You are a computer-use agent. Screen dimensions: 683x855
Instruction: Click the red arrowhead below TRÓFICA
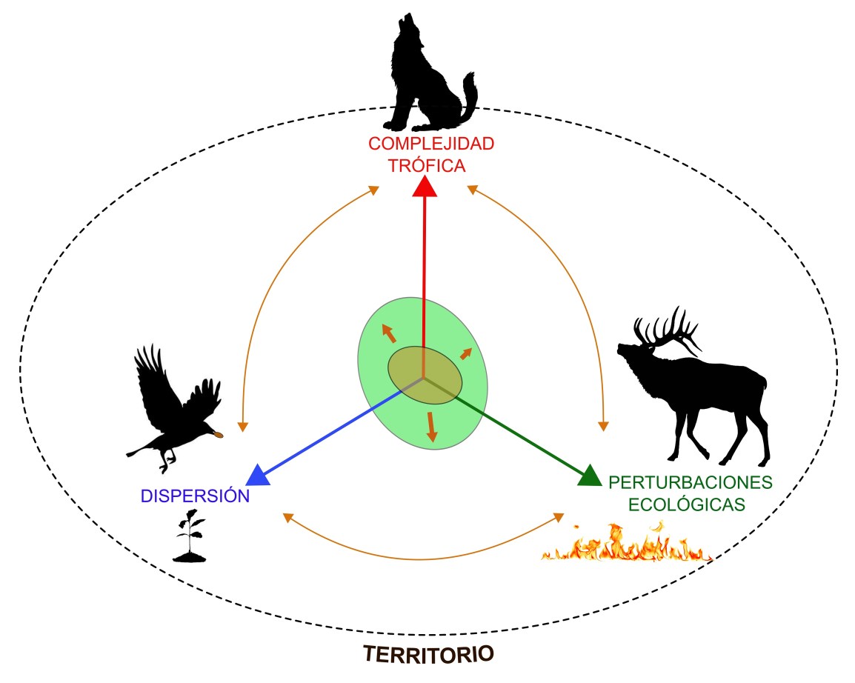pyautogui.click(x=425, y=187)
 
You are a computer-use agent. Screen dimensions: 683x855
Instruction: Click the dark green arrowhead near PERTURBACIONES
pyautogui.click(x=588, y=476)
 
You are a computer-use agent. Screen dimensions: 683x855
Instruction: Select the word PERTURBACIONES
pyautogui.click(x=690, y=483)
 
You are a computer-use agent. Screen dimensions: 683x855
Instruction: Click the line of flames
pyautogui.click(x=626, y=544)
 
